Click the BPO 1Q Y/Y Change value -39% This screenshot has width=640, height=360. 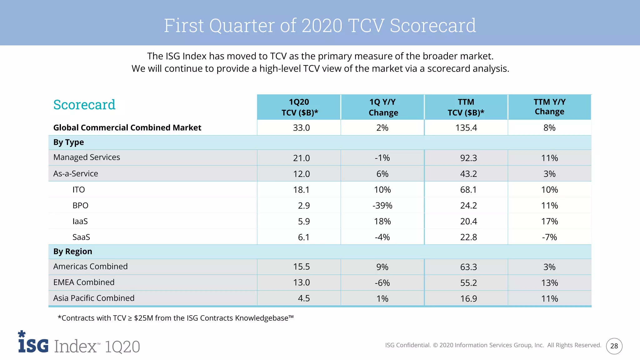pos(382,206)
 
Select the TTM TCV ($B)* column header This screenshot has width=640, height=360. pos(466,107)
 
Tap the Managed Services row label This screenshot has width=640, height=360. pos(87,157)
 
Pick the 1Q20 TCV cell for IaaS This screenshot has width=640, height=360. pos(303,221)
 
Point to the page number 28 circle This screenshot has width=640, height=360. pos(614,346)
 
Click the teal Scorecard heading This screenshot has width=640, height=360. pos(84,105)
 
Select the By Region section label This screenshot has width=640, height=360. pos(72,252)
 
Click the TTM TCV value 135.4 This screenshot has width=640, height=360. pos(466,128)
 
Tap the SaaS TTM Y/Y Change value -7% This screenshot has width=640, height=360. pos(549,237)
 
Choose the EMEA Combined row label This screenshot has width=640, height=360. pos(84,282)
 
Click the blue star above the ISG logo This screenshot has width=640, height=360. pos(22,334)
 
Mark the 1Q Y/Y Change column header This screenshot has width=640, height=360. pos(383,107)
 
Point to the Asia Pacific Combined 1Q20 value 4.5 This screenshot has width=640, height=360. pos(303,298)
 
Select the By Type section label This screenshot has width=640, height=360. pos(68,142)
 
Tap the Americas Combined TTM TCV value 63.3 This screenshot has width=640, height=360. pos(468,267)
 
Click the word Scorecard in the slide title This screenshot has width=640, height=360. pos(433,25)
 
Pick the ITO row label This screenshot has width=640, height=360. pos(78,190)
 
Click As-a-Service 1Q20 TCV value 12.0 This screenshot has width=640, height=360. pos(301,174)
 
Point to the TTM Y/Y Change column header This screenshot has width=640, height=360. pos(549,107)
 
